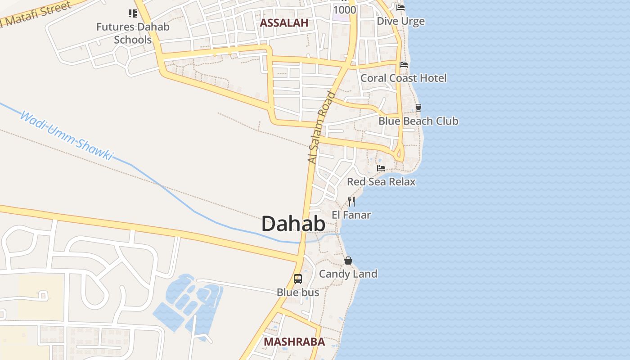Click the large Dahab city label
(293, 224)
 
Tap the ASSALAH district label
(284, 23)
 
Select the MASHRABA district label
(294, 342)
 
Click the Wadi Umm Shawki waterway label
(66, 136)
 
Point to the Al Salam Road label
(322, 127)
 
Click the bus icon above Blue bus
(298, 279)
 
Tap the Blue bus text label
(298, 292)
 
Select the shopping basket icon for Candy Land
(348, 260)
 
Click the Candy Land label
(348, 274)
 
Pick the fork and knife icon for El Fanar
(351, 201)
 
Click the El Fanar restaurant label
(351, 215)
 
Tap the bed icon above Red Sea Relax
(381, 168)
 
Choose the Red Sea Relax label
(381, 182)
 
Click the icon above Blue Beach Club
(418, 108)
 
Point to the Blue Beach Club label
(418, 121)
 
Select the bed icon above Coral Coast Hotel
(404, 65)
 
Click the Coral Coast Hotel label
(404, 78)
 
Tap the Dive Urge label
(400, 21)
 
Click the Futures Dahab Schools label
(133, 33)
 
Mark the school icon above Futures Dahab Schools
(133, 13)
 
